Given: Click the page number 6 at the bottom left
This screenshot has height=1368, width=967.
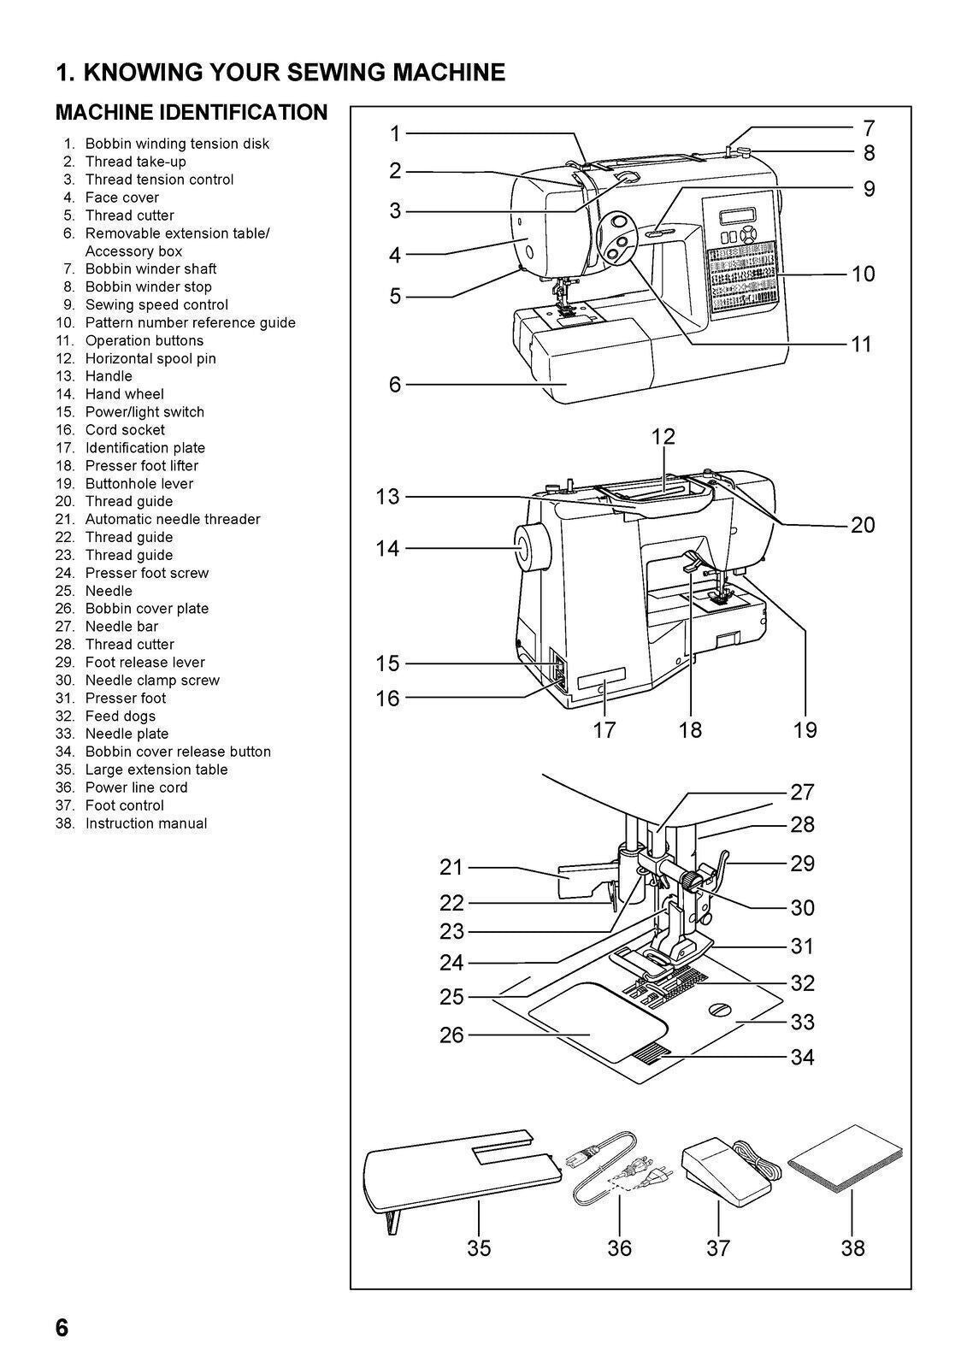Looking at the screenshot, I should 62,1328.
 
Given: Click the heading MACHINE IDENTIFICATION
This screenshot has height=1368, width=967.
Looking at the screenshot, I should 191,113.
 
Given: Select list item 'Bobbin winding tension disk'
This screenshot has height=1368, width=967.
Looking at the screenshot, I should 177,144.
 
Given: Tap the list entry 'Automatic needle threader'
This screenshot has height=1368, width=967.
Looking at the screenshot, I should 173,519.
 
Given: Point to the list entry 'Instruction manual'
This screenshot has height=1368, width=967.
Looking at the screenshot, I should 146,823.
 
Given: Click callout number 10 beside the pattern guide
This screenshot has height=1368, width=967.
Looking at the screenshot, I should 863,274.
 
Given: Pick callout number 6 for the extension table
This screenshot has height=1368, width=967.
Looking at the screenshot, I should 394,385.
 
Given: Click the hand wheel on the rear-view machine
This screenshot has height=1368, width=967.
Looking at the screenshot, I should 522,548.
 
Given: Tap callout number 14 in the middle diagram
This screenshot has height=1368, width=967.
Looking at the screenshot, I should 387,548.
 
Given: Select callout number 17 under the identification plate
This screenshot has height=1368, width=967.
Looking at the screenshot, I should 604,729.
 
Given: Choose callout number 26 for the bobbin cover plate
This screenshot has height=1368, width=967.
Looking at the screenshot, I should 451,1035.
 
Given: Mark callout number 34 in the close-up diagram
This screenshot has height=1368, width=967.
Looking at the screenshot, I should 802,1058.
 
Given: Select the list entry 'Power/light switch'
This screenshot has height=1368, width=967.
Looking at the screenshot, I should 144,412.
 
